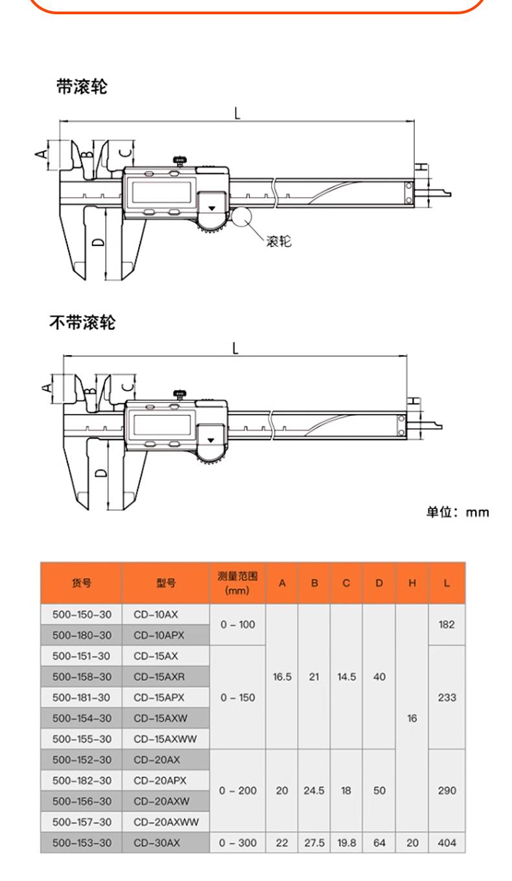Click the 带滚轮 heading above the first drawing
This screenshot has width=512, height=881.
pos(82,87)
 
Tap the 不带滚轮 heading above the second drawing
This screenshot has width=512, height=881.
pos(83,322)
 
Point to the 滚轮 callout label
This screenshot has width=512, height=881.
pos(279,241)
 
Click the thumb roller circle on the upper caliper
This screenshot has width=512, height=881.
pos(240,217)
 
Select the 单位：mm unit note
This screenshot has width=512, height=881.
pos(458,512)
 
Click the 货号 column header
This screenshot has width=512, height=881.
pos(82,582)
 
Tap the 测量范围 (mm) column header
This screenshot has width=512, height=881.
pos(237,583)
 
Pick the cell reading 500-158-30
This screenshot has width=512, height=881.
pos(82,677)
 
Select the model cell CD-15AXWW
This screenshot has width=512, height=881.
pos(165,739)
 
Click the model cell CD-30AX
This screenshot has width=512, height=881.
pos(157,843)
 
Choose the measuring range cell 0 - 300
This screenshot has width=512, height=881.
pos(238,843)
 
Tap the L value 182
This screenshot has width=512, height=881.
pos(447,624)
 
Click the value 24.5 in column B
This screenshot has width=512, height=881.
pos(314,790)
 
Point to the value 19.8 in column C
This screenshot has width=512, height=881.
pos(346,843)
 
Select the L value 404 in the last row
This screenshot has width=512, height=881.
pos(447,843)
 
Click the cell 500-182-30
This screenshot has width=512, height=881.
pos(82,781)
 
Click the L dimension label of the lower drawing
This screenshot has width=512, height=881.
pos(235,348)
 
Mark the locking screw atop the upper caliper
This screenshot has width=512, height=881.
pos(180,161)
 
